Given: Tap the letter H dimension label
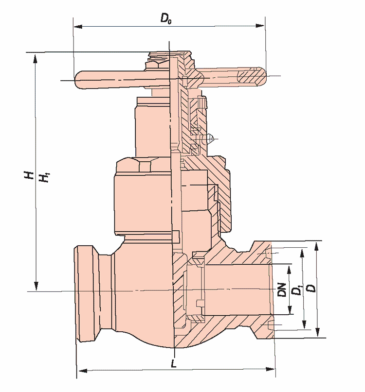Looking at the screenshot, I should [30, 175].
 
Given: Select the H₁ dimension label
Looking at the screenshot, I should [44, 178].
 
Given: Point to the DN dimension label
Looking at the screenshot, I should [281, 290].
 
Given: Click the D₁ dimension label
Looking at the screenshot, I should [295, 290].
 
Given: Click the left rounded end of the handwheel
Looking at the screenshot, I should [81, 80].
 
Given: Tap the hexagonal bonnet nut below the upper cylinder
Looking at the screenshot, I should [141, 166].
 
